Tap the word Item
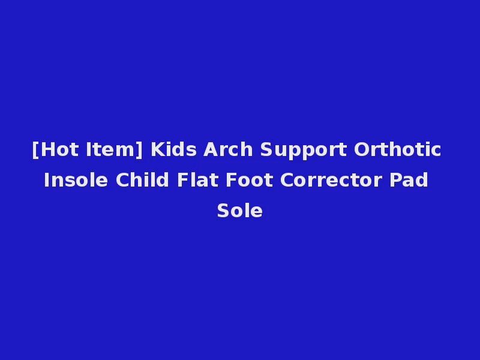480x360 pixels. pos(112,149)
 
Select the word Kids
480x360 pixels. pos(173,149)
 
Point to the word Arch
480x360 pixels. pos(229,149)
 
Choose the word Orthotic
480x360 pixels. pos(398,149)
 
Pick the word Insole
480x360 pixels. pos(76,180)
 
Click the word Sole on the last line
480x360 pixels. pos(240,211)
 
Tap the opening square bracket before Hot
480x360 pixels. pos(35,150)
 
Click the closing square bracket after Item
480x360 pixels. pos(140,150)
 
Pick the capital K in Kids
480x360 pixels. pos(157,149)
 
